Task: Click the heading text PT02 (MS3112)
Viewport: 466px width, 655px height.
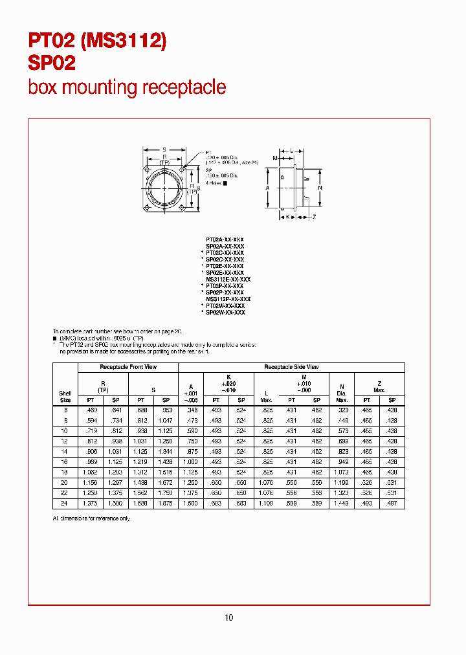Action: click(x=97, y=41)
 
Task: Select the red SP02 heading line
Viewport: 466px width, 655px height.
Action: click(x=52, y=63)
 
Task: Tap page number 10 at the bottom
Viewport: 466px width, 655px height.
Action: click(x=228, y=617)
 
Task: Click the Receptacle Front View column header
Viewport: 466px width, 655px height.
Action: click(x=128, y=367)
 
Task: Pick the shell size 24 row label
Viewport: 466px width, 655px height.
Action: click(x=65, y=503)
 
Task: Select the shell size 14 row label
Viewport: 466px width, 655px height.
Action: click(x=65, y=451)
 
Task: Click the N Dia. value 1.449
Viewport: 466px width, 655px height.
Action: click(x=342, y=503)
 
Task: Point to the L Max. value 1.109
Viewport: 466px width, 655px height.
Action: click(x=266, y=503)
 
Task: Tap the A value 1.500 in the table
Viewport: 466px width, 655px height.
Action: click(x=190, y=503)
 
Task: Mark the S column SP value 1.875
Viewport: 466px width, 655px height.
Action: click(x=166, y=503)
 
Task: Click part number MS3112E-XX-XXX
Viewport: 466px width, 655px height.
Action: click(x=228, y=279)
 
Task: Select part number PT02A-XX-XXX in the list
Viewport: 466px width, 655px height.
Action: click(x=225, y=240)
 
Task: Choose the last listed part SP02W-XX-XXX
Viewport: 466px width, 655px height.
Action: click(x=225, y=313)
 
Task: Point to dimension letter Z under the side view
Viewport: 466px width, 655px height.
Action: click(x=314, y=217)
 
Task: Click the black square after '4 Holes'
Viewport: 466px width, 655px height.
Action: click(x=225, y=183)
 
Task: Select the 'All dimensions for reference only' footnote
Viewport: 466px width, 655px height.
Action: click(x=91, y=518)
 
